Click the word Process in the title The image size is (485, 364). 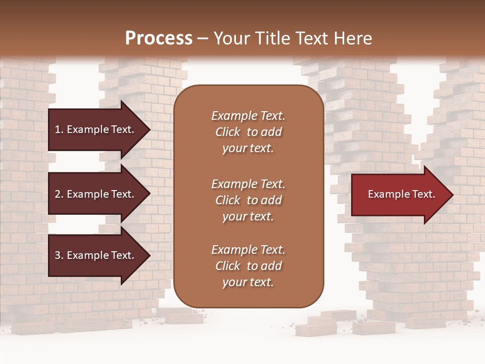(159, 38)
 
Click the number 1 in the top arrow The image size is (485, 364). (58, 129)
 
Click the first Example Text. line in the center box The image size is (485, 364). (248, 116)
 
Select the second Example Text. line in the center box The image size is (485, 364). (248, 184)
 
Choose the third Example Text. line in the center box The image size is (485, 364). (248, 250)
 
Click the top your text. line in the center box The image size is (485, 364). (248, 149)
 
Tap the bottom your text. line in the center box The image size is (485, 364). (248, 283)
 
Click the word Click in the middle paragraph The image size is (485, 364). (228, 200)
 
